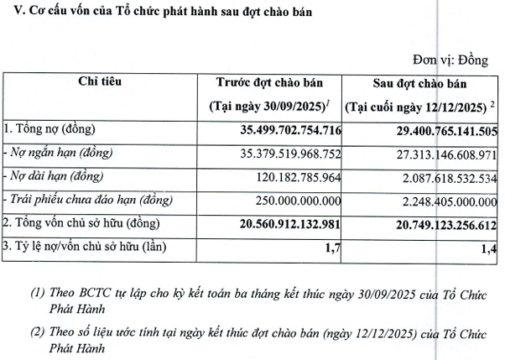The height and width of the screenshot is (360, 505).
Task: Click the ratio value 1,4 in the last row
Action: pos(490,247)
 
